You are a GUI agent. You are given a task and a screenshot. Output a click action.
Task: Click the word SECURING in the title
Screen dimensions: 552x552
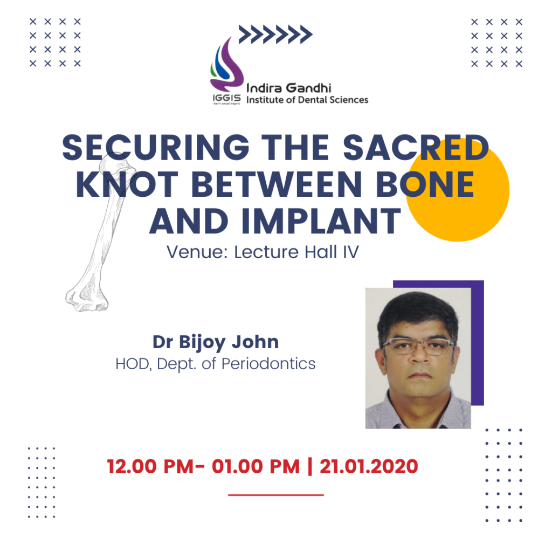click(156, 148)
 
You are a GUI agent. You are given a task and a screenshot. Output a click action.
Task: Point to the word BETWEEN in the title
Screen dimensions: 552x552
click(277, 184)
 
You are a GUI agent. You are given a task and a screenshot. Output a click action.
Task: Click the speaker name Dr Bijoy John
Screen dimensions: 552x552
click(216, 342)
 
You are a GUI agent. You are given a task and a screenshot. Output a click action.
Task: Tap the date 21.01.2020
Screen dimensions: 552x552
click(369, 466)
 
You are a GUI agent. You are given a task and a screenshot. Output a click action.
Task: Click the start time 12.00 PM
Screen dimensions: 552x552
click(150, 466)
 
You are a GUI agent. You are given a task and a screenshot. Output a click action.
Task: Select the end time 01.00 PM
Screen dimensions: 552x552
click(256, 466)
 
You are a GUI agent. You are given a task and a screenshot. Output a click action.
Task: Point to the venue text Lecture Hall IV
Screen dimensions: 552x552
click(296, 252)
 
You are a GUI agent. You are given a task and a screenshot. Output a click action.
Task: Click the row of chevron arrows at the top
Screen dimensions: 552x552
click(275, 34)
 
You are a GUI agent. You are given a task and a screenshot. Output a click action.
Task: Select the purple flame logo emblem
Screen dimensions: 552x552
click(226, 65)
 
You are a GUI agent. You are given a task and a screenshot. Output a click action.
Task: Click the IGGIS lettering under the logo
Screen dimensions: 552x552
click(227, 98)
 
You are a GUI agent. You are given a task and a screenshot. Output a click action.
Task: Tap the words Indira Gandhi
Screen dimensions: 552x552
click(289, 88)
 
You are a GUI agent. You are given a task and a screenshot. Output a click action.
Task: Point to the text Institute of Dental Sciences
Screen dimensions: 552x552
click(307, 100)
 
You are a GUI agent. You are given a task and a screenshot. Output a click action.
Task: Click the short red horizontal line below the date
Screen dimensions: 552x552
click(276, 495)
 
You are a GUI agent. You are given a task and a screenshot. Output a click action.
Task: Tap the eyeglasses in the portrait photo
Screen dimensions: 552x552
click(418, 345)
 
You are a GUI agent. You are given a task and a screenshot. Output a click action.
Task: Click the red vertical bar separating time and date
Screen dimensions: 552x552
click(310, 466)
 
